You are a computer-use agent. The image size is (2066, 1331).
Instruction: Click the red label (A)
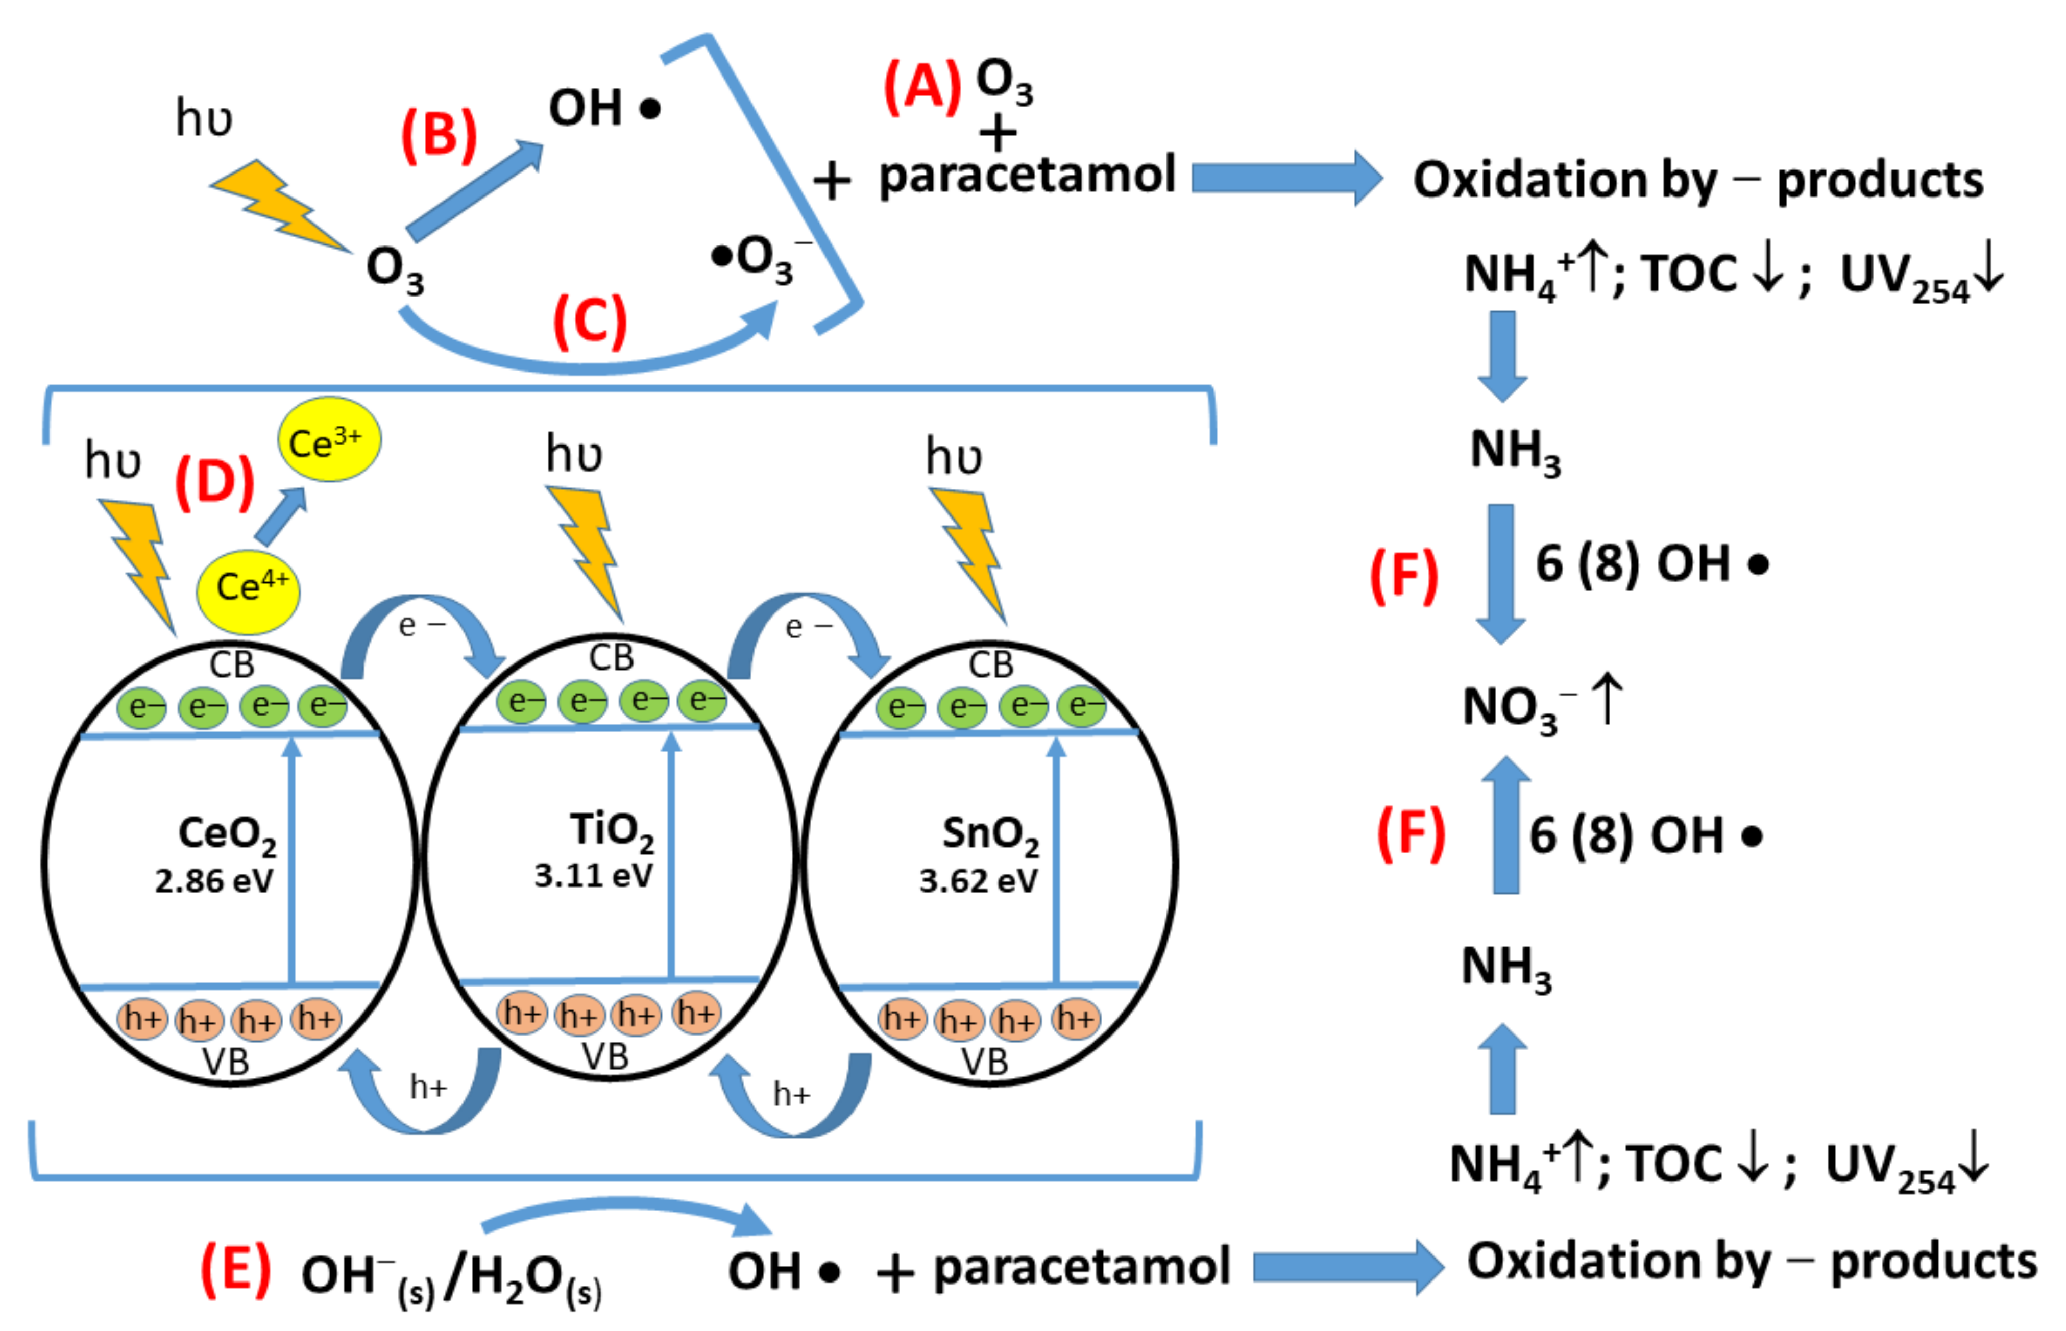[921, 87]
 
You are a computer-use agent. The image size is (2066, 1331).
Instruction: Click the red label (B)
[439, 136]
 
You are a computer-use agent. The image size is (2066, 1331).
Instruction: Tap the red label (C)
[590, 322]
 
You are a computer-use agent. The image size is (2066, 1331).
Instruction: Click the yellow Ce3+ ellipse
[328, 440]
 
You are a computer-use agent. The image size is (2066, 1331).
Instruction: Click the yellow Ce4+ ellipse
[248, 590]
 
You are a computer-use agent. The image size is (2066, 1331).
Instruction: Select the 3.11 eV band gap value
[593, 876]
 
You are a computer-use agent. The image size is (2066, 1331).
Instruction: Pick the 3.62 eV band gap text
[978, 881]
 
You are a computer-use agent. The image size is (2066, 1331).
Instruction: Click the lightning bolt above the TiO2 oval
[587, 548]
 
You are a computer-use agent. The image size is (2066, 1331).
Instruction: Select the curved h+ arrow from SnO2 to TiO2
[793, 1098]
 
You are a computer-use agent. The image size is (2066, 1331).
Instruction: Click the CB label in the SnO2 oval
[991, 664]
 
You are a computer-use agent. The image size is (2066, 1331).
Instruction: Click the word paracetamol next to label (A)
[1027, 176]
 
